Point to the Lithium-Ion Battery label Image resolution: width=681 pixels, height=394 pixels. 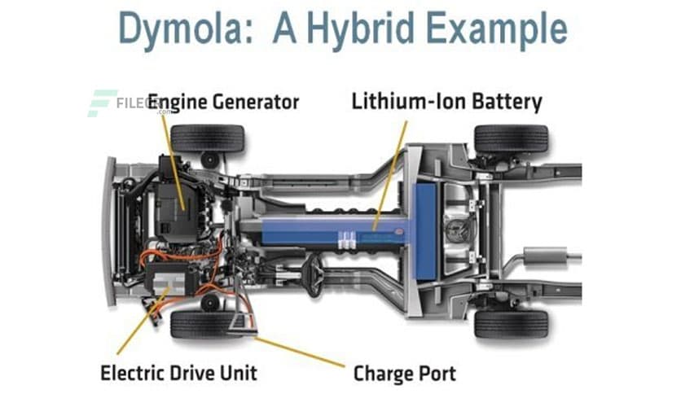[446, 102]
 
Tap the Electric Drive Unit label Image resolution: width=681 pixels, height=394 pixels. [178, 373]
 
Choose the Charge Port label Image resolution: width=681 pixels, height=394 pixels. [404, 374]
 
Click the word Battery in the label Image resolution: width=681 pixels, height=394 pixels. [506, 102]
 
